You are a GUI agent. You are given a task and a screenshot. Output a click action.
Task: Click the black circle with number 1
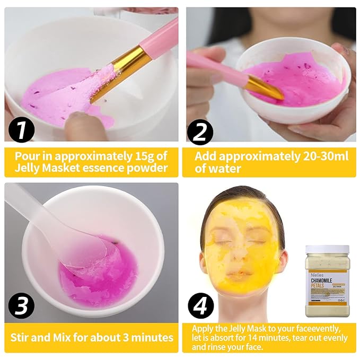pos(22,130)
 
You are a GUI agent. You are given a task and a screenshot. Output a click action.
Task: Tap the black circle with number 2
pos(199,130)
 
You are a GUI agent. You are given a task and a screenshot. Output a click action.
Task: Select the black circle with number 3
pos(22,306)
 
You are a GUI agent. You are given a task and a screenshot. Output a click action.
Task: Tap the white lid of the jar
pos(327,249)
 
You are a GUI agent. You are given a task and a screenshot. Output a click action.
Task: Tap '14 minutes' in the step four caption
pos(265,338)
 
